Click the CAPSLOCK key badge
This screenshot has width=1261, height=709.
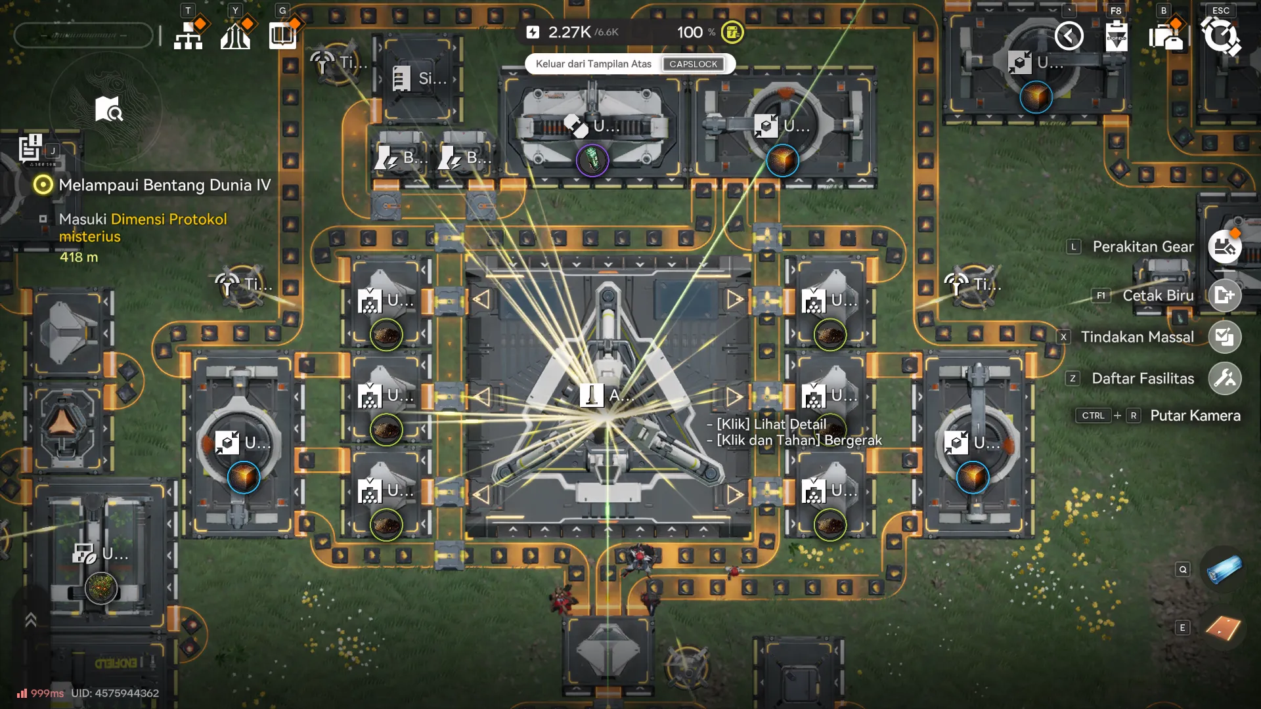tap(693, 64)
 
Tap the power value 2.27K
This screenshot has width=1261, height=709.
tap(569, 32)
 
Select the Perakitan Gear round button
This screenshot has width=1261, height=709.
tap(1224, 247)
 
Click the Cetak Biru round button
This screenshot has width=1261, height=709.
tap(1224, 295)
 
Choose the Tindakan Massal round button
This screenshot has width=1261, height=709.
tap(1224, 337)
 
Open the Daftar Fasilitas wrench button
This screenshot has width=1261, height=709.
tap(1224, 378)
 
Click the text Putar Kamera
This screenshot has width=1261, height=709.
tap(1195, 416)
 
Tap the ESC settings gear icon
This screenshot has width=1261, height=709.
tap(1220, 36)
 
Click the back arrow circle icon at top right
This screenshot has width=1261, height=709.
tap(1069, 35)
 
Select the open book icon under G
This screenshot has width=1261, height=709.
tap(282, 35)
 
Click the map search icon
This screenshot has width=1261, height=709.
tap(108, 110)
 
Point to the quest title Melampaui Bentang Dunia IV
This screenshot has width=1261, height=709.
tap(164, 185)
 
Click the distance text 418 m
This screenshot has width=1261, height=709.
tap(79, 257)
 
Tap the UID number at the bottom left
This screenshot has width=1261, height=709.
tap(115, 693)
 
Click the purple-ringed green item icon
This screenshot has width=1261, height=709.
tap(592, 160)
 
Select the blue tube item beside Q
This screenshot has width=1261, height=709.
tap(1224, 569)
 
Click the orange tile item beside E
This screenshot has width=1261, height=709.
tap(1223, 628)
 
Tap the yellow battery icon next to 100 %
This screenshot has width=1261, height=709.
tap(732, 32)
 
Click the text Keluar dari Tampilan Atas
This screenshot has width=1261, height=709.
tap(593, 64)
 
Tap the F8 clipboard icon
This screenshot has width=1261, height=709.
tap(1116, 36)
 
